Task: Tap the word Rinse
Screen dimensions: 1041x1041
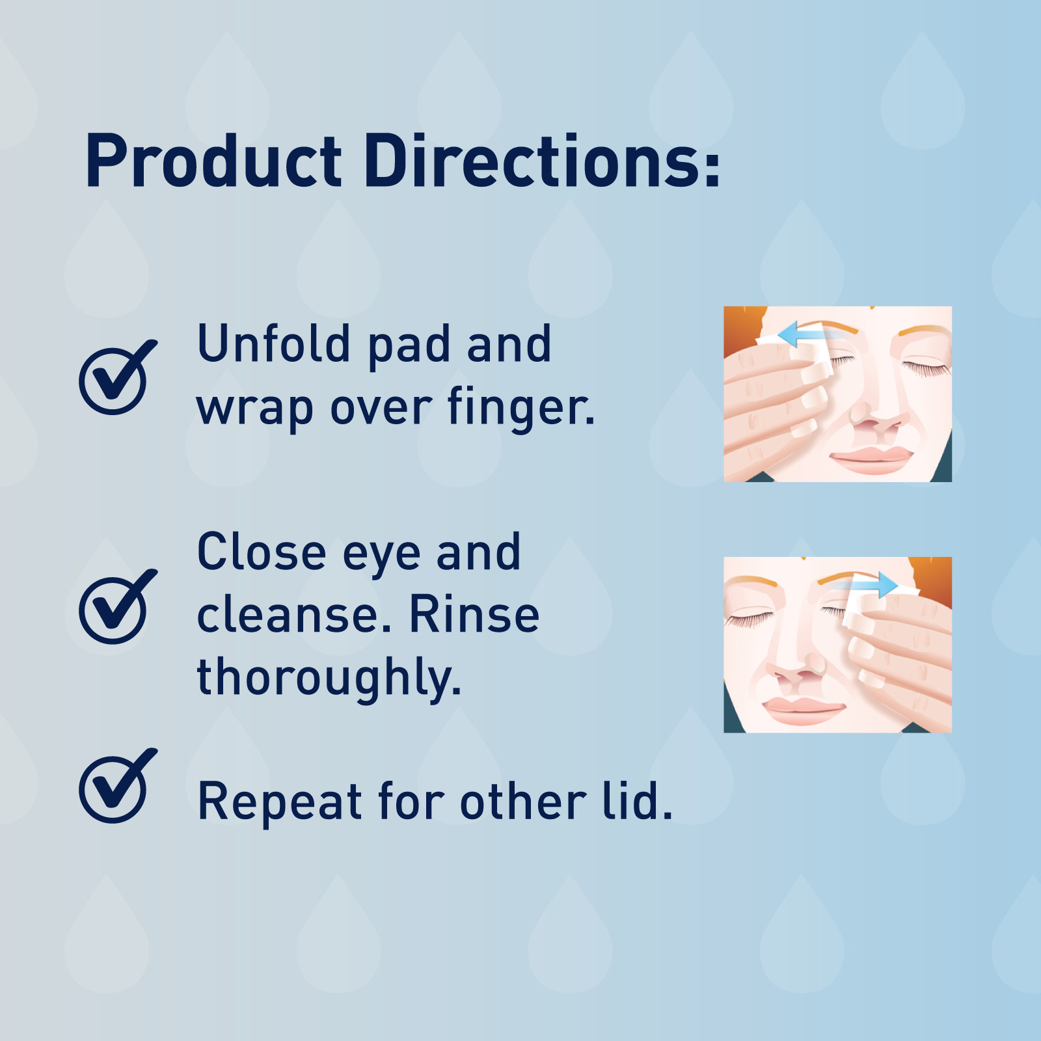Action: coord(474,614)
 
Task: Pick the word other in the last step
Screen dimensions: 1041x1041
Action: coord(523,802)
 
